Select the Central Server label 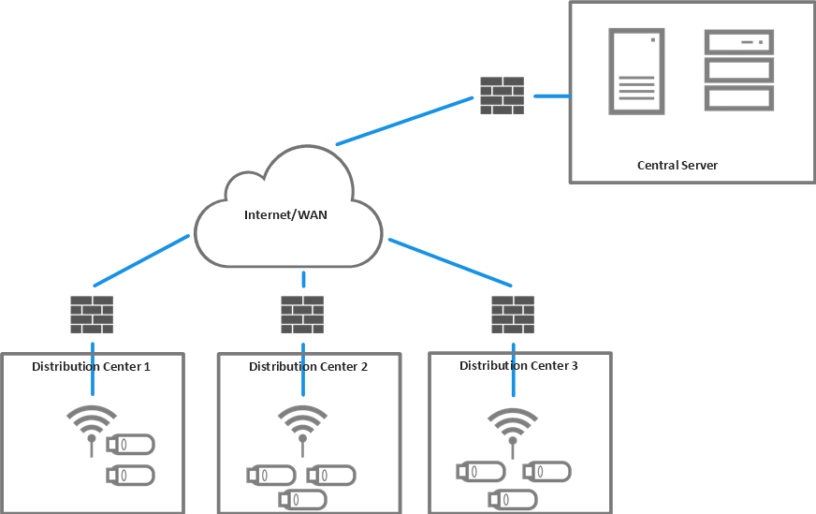click(x=677, y=165)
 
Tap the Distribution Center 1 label click(x=92, y=366)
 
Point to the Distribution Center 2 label click(x=308, y=366)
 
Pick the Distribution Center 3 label click(x=518, y=365)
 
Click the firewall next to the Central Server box click(x=502, y=95)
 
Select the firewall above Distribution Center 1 click(x=92, y=316)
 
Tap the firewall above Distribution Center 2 click(x=302, y=316)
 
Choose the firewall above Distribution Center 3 click(x=513, y=316)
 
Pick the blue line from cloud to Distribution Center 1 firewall click(x=141, y=261)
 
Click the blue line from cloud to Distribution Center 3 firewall click(x=450, y=261)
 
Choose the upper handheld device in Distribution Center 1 click(x=130, y=445)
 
